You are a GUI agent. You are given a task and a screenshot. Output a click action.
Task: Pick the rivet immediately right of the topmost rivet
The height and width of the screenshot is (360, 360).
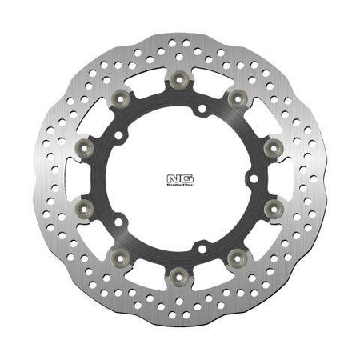pos(236,97)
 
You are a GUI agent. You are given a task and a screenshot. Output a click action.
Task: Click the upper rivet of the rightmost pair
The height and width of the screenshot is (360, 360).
pos(272,146)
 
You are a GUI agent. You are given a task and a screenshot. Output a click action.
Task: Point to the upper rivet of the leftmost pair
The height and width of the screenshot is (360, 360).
pos(85,146)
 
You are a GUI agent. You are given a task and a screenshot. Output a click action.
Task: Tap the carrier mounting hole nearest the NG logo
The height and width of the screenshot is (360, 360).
pos(249,177)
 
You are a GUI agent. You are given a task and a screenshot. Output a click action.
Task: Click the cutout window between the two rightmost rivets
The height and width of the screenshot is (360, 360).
pos(279,177)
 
